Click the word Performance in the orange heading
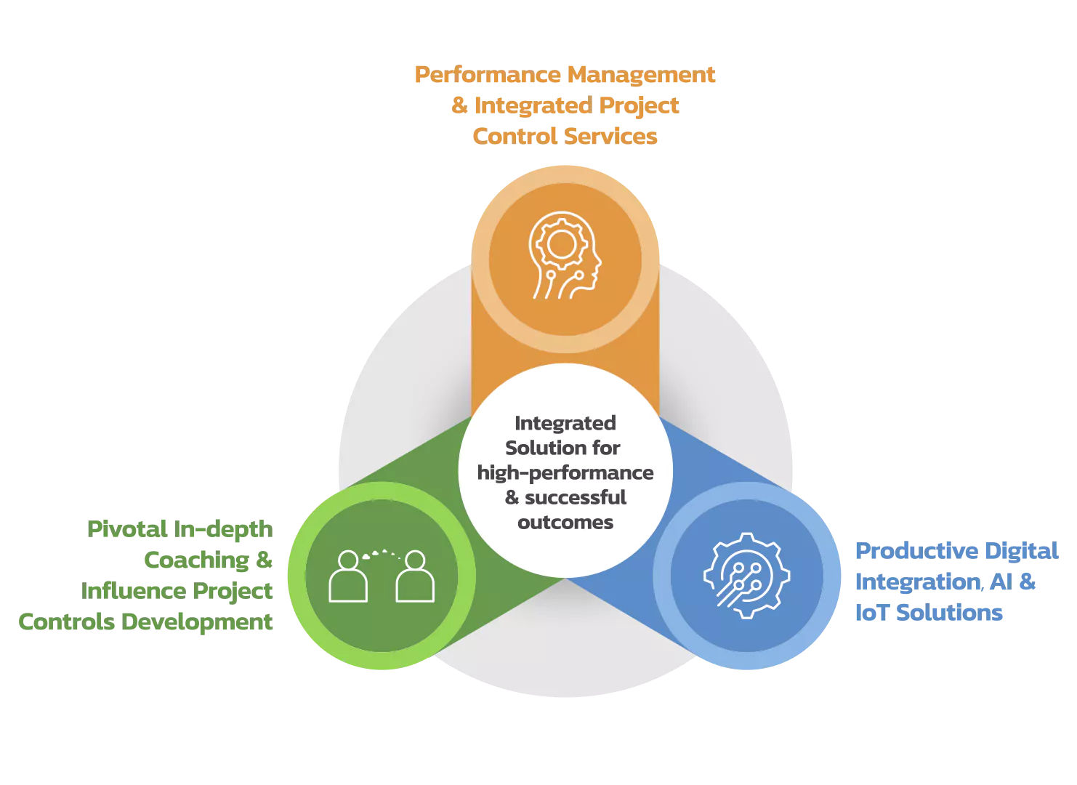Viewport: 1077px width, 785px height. click(488, 75)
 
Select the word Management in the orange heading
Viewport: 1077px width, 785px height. click(641, 75)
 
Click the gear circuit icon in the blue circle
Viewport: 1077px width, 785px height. click(746, 576)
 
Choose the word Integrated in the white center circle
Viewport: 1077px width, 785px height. click(565, 423)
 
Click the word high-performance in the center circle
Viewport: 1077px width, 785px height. click(565, 473)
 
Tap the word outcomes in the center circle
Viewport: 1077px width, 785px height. click(565, 523)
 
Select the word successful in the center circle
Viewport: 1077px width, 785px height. click(576, 498)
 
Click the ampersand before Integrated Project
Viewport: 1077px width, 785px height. click(459, 106)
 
